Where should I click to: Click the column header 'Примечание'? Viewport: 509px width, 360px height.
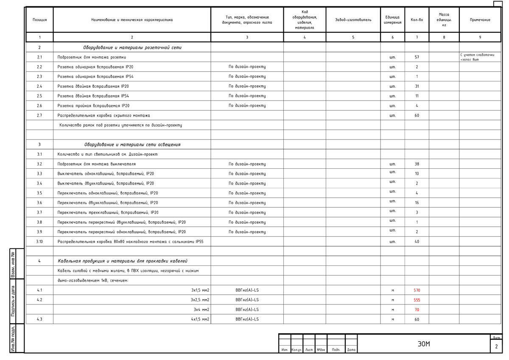[480, 20]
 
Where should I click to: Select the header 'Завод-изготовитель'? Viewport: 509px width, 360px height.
[353, 20]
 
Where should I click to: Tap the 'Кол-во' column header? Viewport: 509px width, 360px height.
[417, 20]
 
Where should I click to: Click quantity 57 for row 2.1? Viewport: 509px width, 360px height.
[417, 57]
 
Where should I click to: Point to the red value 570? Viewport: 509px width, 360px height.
[417, 290]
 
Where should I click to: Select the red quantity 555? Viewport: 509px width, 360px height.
[417, 300]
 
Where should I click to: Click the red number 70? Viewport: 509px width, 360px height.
[417, 310]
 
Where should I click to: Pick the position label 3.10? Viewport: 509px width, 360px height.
[39, 242]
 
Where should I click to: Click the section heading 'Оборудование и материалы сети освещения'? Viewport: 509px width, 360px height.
[132, 145]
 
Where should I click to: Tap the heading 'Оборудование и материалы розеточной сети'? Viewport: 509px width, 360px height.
[132, 47]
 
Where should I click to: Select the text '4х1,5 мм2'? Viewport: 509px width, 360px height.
[200, 320]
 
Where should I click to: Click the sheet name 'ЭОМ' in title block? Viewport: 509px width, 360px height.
[424, 344]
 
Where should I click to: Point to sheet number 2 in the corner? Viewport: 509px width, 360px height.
[496, 347]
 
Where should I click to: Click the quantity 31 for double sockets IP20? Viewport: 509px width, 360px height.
[417, 87]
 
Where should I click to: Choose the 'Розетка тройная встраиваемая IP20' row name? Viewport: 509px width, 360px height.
[93, 106]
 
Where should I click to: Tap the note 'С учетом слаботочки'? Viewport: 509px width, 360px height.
[477, 55]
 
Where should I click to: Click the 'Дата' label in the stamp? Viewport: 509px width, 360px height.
[351, 350]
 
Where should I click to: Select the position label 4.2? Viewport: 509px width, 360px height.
[39, 300]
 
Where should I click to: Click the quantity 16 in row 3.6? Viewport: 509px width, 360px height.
[417, 203]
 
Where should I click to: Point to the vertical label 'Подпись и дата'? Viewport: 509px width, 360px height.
[13, 301]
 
